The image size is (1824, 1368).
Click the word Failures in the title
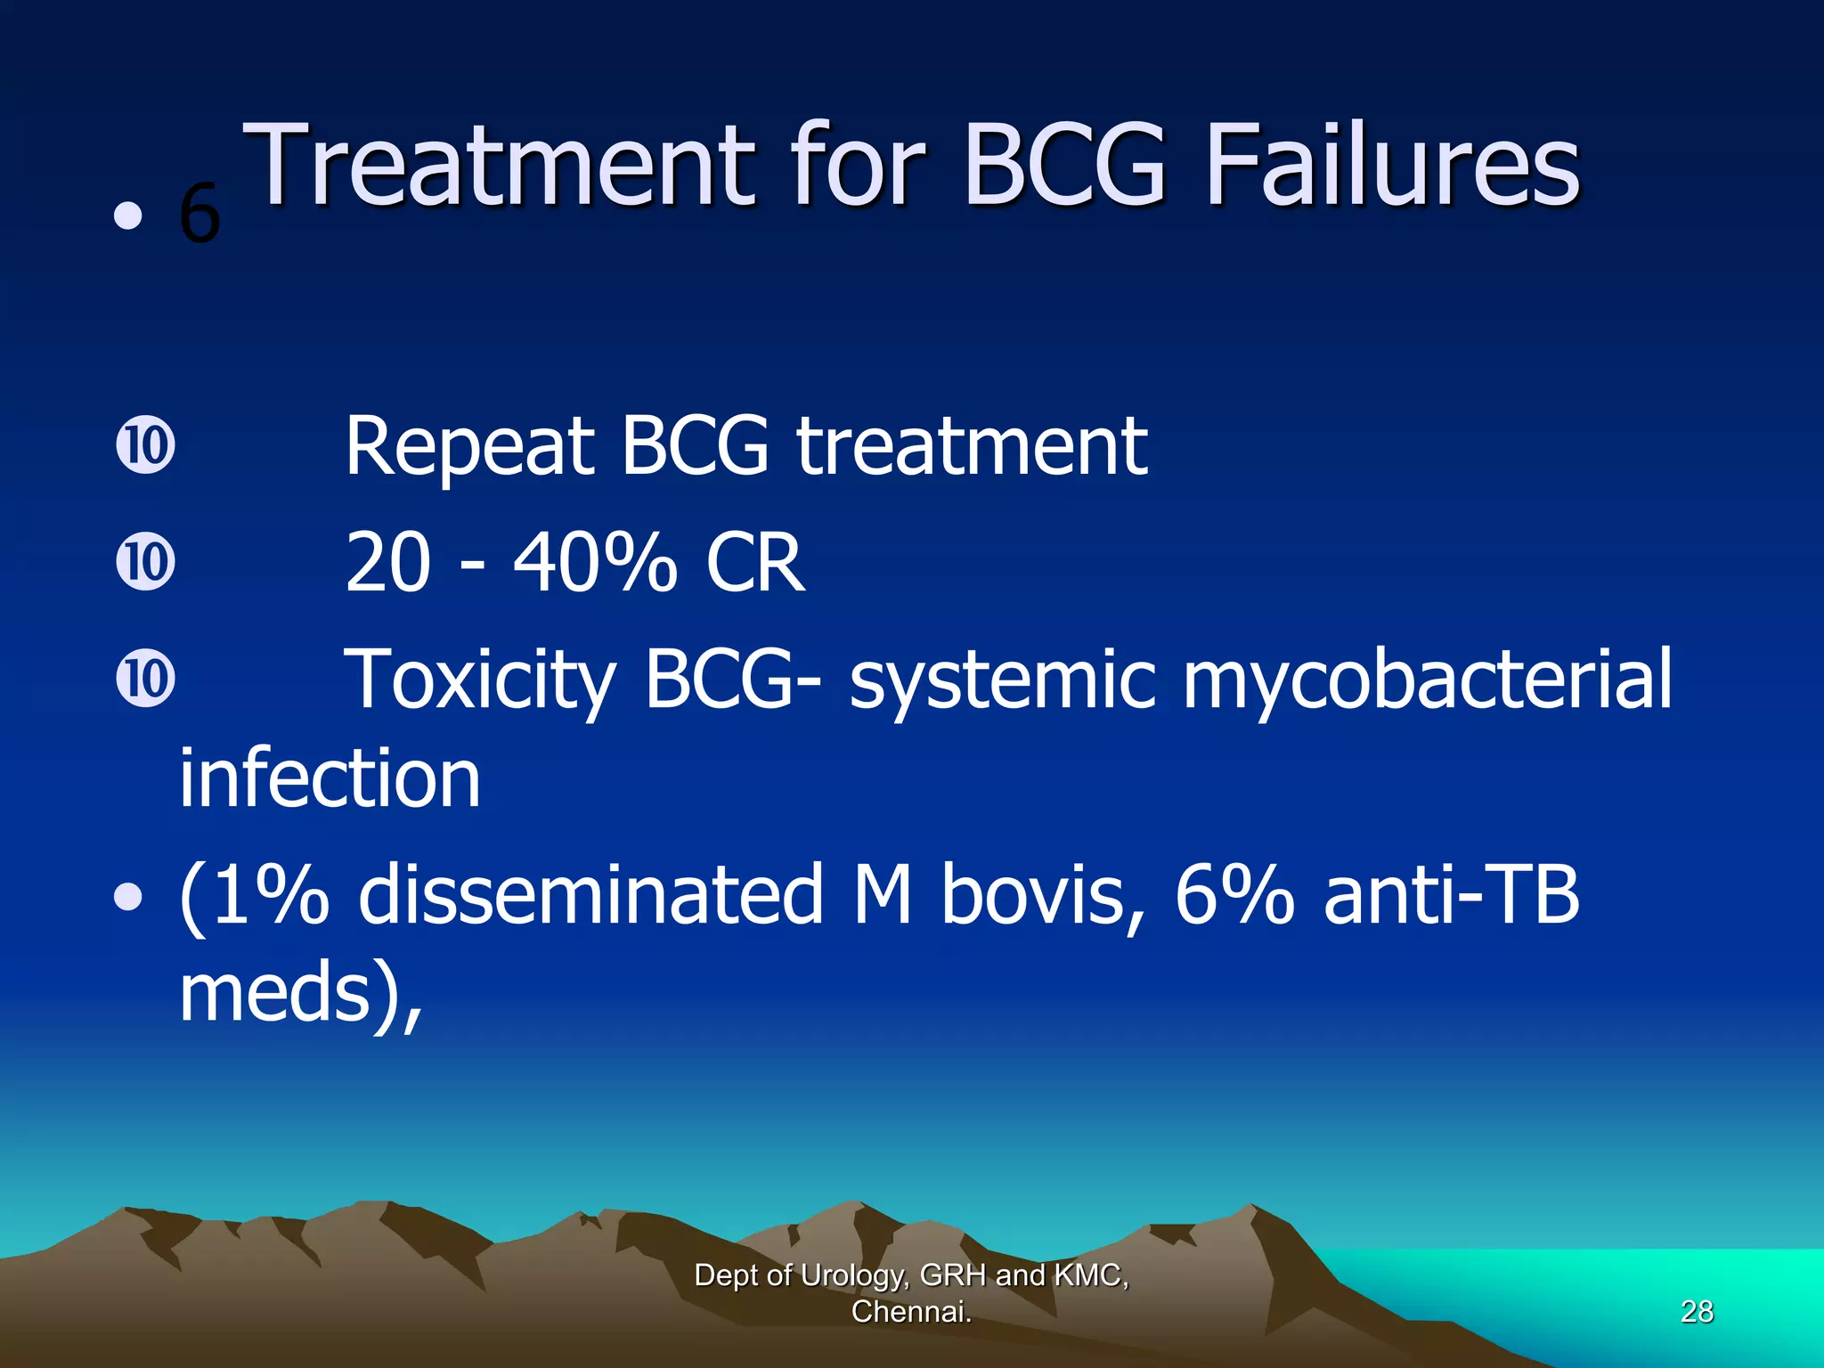[x=1392, y=167]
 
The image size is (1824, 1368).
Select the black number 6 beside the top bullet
[x=199, y=215]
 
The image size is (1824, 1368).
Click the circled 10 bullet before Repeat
[x=145, y=446]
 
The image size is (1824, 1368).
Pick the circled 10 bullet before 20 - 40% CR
[x=145, y=563]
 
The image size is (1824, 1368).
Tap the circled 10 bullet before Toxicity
[x=145, y=680]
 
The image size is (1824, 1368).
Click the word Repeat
[x=469, y=448]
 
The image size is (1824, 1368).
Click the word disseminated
[x=590, y=895]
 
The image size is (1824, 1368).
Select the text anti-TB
[x=1452, y=895]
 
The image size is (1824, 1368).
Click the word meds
[x=274, y=993]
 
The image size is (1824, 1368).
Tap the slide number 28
[x=1697, y=1311]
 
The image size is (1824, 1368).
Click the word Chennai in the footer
[x=908, y=1312]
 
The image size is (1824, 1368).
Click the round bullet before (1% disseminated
[x=128, y=898]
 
